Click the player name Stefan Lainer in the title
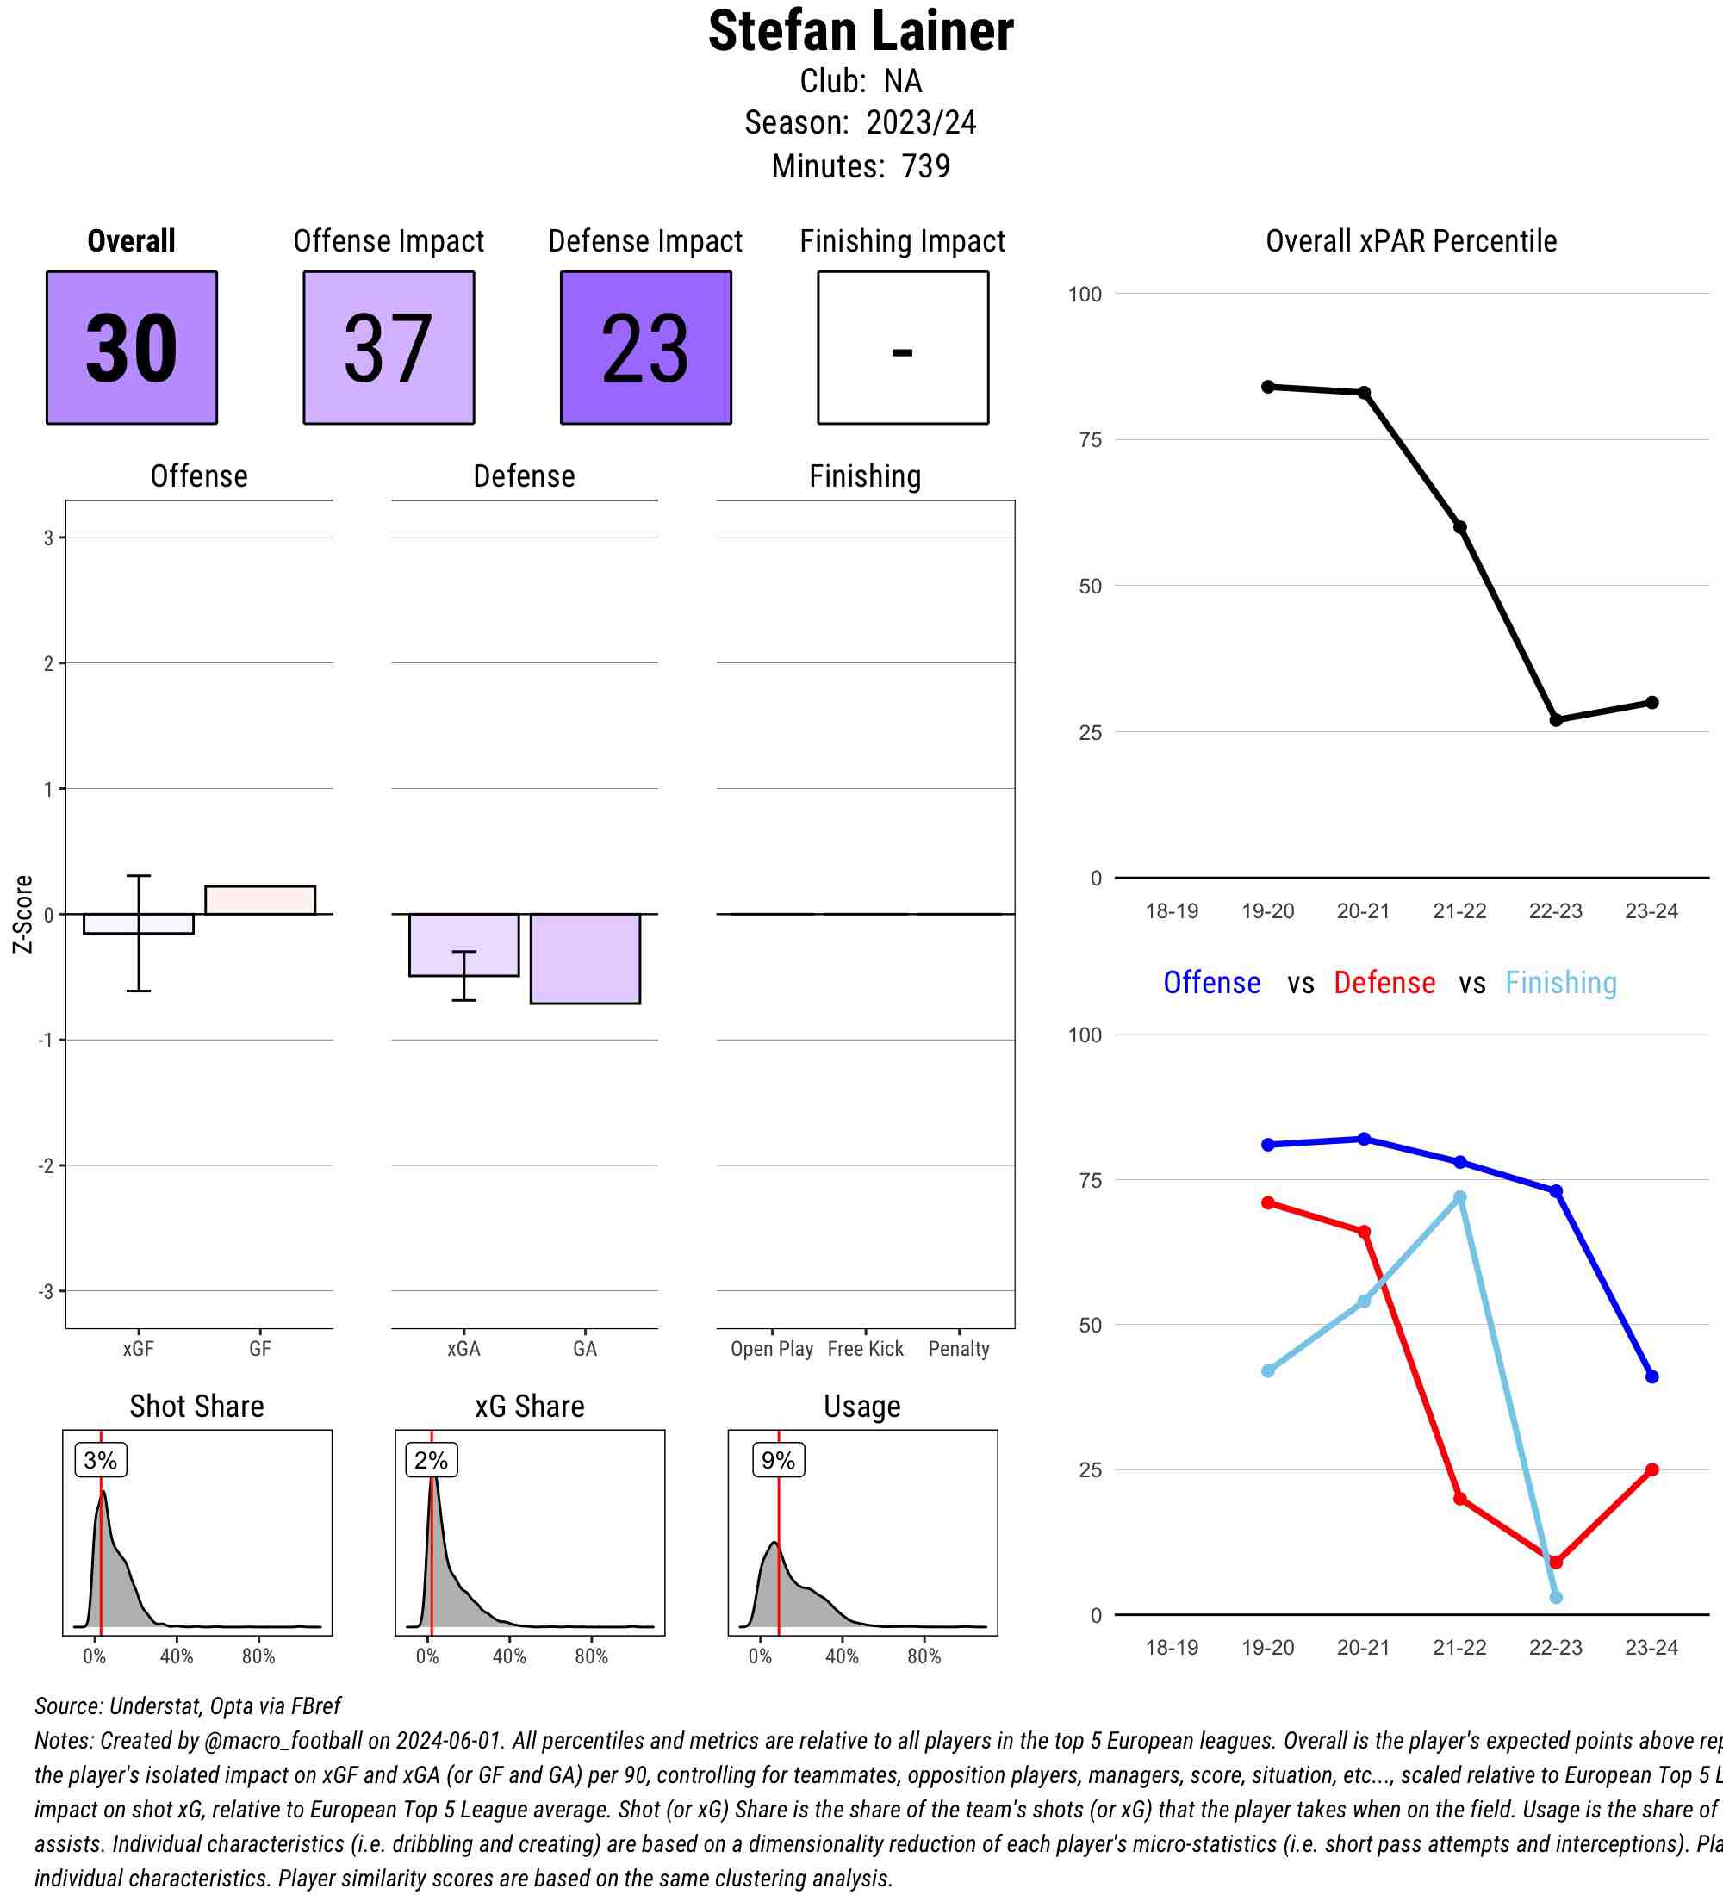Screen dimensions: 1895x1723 tap(860, 31)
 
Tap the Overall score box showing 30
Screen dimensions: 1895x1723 tap(132, 348)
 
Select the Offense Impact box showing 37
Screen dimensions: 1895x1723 tap(389, 348)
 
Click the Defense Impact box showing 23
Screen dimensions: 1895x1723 tap(646, 348)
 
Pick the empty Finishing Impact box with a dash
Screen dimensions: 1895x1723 tap(902, 348)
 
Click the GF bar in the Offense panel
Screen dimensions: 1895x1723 tap(260, 899)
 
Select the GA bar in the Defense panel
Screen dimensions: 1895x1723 tap(585, 958)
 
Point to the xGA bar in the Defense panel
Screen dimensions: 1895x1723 tap(463, 944)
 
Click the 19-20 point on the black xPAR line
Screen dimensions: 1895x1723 tap(1268, 387)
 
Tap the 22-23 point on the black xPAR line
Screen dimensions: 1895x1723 tap(1556, 720)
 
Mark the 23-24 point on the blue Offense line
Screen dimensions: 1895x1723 tap(1652, 1377)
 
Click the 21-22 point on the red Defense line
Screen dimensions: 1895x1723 tap(1459, 1498)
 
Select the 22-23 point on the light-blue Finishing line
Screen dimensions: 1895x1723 tap(1556, 1598)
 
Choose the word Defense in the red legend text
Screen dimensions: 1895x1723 tap(1384, 983)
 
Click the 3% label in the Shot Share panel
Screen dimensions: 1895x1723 tap(101, 1461)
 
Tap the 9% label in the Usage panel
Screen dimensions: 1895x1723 tap(778, 1461)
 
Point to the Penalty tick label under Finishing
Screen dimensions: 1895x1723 tap(959, 1349)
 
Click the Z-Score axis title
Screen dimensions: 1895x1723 tap(23, 914)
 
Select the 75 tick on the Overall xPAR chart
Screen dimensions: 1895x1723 tap(1091, 440)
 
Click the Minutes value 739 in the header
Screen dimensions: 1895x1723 tap(925, 166)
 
